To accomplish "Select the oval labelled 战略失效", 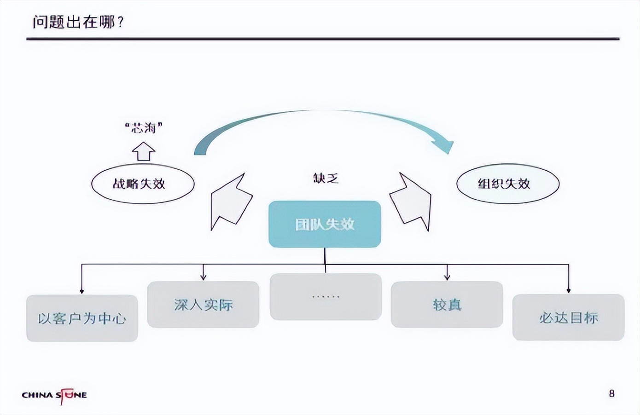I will pyautogui.click(x=143, y=184).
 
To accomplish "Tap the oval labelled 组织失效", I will pyautogui.click(x=507, y=184).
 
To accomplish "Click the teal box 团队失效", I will pyautogui.click(x=325, y=224).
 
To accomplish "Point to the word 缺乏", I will pyautogui.click(x=326, y=178).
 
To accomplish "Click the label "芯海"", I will pyautogui.click(x=144, y=127).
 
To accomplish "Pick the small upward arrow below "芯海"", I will pyautogui.click(x=144, y=151).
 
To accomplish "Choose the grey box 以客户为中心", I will pyautogui.click(x=82, y=318).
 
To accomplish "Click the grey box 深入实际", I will pyautogui.click(x=203, y=304).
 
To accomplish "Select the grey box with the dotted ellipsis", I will pyautogui.click(x=326, y=297).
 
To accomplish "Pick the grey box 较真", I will pyautogui.click(x=447, y=304).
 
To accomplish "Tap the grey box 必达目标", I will pyautogui.click(x=568, y=317).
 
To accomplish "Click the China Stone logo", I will pyautogui.click(x=54, y=395).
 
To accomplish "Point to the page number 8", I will pyautogui.click(x=611, y=393).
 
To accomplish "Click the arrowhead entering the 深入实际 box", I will pyautogui.click(x=203, y=277).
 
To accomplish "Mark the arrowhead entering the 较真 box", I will pyautogui.click(x=447, y=277).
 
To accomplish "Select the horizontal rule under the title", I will pyautogui.click(x=322, y=39).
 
